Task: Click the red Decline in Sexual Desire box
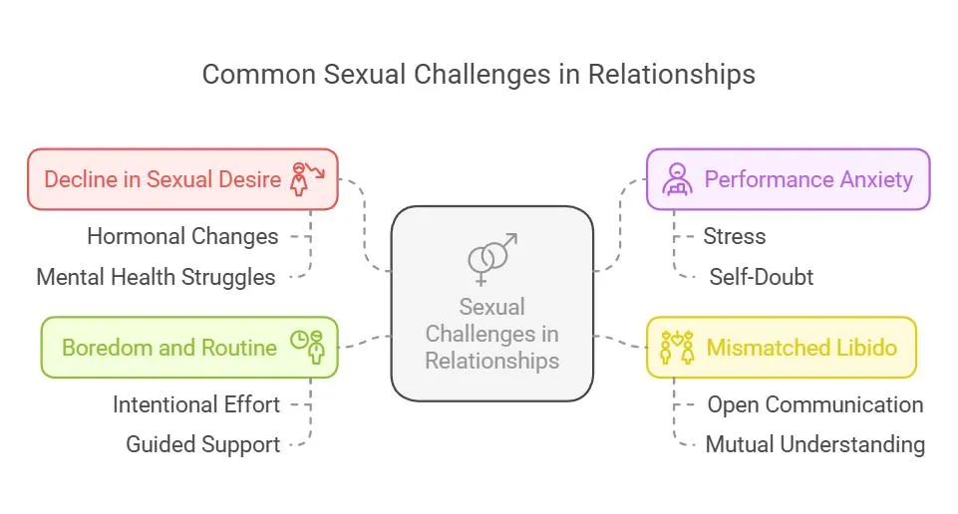click(182, 179)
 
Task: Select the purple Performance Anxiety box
click(789, 179)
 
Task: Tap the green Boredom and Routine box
click(189, 348)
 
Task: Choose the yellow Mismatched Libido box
click(782, 348)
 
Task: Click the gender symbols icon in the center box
click(491, 259)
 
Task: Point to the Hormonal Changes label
click(182, 236)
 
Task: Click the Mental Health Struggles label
click(156, 277)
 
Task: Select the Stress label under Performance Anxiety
click(735, 236)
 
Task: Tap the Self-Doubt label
click(762, 277)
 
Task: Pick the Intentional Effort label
click(196, 404)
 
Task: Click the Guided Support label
click(202, 445)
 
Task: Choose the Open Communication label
click(815, 404)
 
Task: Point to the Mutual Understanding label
click(815, 445)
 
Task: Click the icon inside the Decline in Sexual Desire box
click(307, 179)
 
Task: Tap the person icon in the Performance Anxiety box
click(678, 179)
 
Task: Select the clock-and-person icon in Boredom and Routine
click(307, 347)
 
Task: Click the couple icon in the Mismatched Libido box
click(678, 347)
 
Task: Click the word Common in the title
click(258, 75)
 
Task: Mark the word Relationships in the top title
click(672, 75)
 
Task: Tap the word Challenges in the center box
click(491, 334)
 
